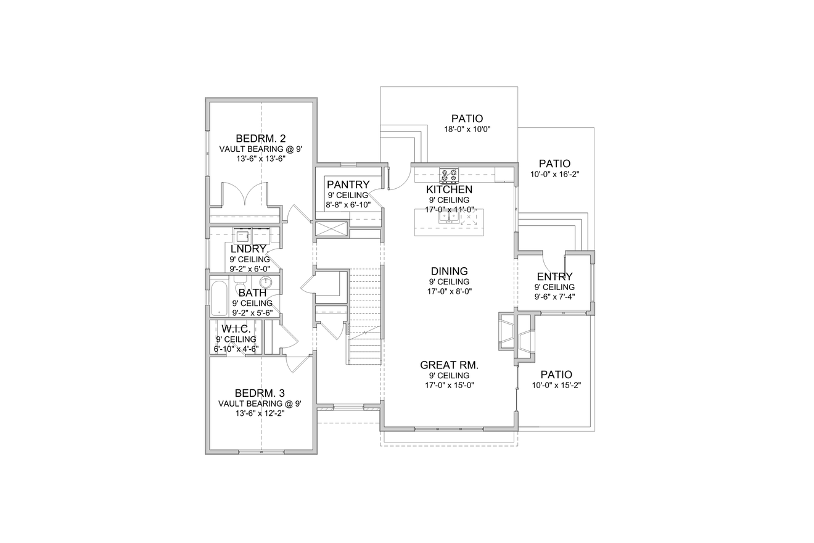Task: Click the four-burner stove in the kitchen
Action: point(448,175)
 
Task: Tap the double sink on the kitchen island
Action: point(449,217)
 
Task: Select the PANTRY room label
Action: point(348,184)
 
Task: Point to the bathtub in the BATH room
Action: point(220,298)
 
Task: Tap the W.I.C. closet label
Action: point(236,329)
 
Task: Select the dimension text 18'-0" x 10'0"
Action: point(467,130)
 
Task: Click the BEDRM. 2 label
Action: point(260,138)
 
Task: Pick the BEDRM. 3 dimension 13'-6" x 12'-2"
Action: point(260,413)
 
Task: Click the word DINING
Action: point(449,271)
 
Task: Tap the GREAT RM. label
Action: point(449,365)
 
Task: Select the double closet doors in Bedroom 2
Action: point(245,194)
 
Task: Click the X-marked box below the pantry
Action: point(332,229)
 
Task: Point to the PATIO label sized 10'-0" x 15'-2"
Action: point(556,375)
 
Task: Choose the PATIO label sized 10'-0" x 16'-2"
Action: point(554,164)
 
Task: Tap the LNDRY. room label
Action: point(248,249)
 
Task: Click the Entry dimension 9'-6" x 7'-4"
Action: point(554,297)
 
